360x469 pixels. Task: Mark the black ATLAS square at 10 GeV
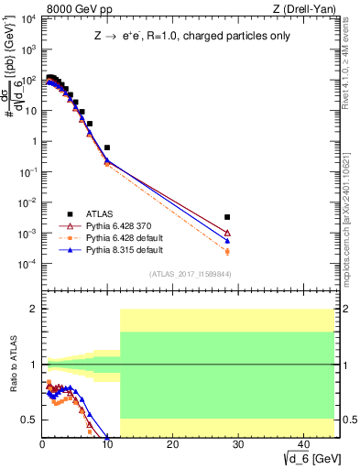coord(107,147)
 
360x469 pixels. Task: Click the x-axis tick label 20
coord(172,444)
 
